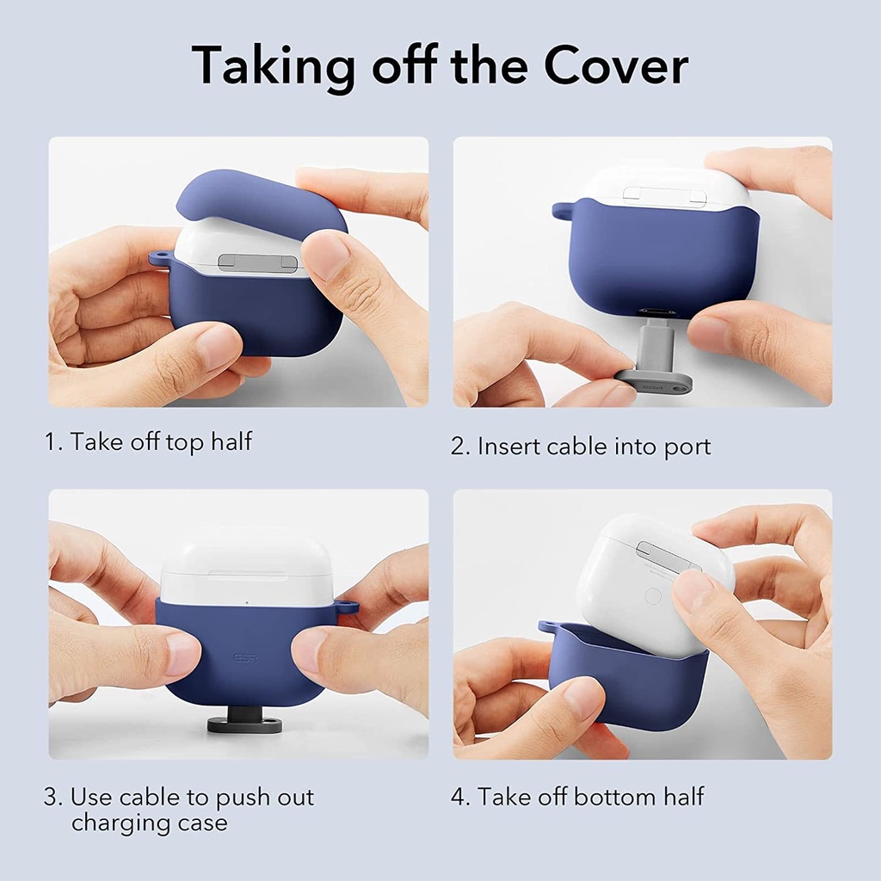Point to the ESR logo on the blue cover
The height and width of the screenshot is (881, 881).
pyautogui.click(x=244, y=659)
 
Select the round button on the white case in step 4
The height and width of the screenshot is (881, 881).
pyautogui.click(x=653, y=595)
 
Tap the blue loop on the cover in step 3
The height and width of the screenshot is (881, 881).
pyautogui.click(x=348, y=607)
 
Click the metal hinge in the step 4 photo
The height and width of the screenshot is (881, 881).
pyautogui.click(x=667, y=556)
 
